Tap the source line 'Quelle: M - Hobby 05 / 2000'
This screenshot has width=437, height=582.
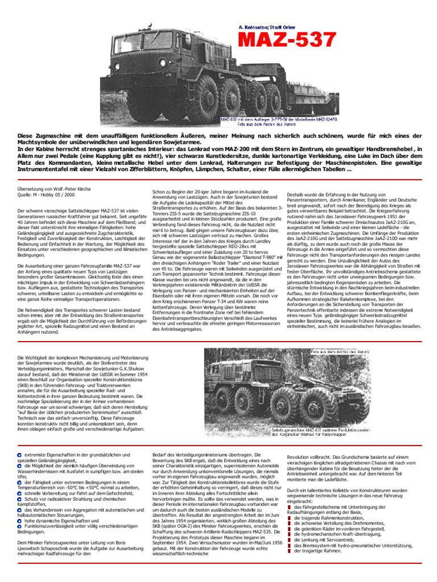pyautogui.click(x=47, y=195)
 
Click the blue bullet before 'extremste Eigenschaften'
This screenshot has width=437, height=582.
pyautogui.click(x=20, y=455)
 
